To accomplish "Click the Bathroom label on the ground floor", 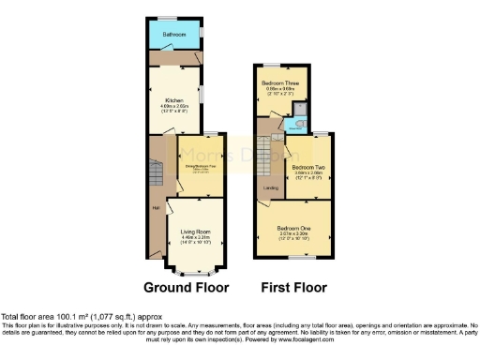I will [x=172, y=35].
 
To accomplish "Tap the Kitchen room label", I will [x=173, y=100].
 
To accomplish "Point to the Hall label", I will [x=156, y=207].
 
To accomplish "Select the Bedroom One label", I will [x=293, y=227].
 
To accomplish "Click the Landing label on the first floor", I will [x=271, y=188].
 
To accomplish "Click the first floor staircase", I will [x=272, y=150].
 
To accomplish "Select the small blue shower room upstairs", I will [x=299, y=116].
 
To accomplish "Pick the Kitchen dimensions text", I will [x=173, y=108].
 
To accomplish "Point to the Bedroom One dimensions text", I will [x=293, y=235].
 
